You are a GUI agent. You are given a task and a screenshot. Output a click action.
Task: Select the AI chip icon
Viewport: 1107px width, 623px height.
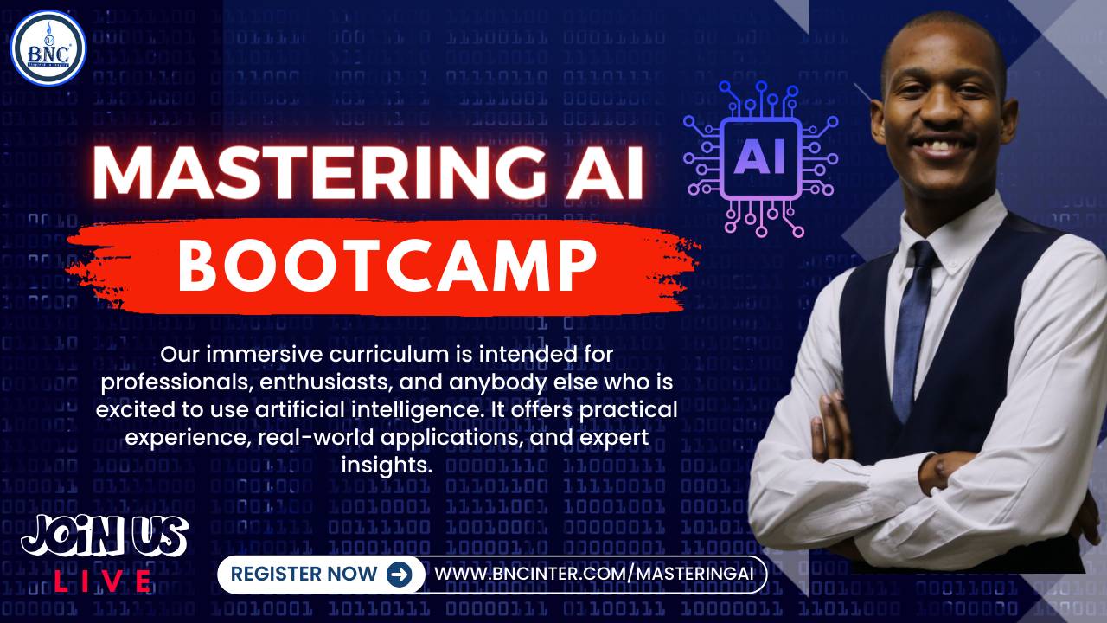point(760,158)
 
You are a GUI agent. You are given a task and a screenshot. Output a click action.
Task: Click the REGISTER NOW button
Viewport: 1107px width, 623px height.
point(304,574)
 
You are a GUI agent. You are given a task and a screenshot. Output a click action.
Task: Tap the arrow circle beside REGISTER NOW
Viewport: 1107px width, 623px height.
point(399,574)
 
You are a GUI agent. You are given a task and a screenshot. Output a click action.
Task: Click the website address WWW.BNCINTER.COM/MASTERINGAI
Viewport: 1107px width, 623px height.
point(594,574)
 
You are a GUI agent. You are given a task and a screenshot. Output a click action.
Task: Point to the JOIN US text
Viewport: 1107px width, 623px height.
point(104,537)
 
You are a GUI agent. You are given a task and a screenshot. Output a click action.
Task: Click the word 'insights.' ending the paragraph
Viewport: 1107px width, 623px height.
point(386,465)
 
